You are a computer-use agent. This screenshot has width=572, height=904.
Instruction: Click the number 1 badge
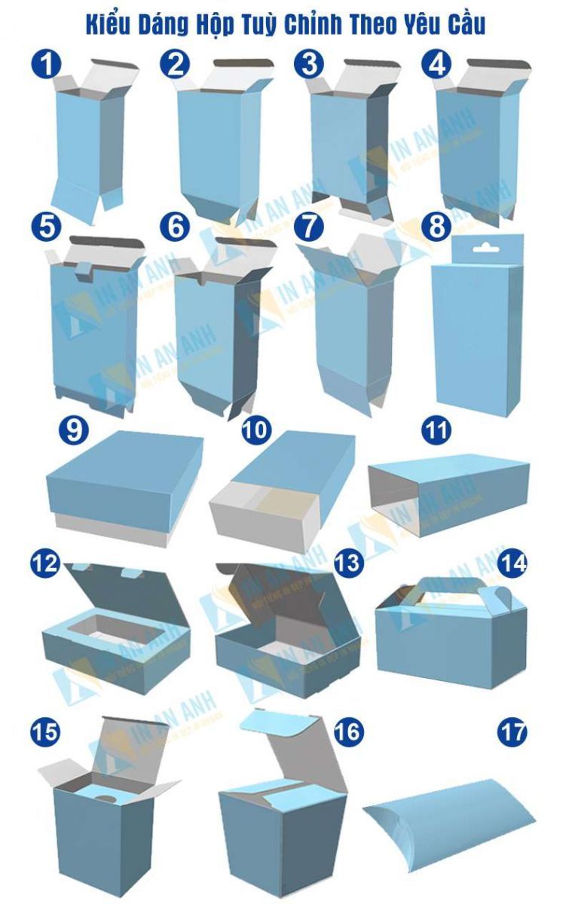46,65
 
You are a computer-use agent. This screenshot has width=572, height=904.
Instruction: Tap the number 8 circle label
437,227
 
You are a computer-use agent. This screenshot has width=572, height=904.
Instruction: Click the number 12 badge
45,562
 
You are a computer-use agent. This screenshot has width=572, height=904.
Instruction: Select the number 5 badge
46,227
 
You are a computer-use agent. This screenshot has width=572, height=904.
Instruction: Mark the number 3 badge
308,65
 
